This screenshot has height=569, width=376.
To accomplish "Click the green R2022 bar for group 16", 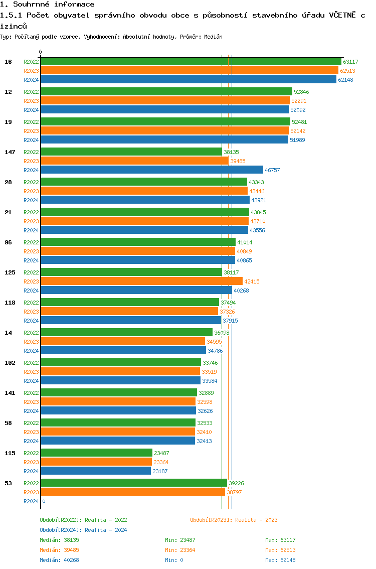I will pos(191,62).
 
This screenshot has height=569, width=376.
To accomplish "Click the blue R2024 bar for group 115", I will pos(96,471).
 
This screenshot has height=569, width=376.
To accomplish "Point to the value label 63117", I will pos(350,62).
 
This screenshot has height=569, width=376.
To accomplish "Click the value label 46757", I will pos(272,170).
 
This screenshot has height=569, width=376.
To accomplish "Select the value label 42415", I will pos(252,281).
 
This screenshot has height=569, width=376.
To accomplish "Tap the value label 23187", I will pos(160,471).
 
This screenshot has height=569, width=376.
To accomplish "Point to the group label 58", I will pos(9,423).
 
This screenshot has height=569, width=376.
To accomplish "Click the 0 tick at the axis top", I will pos(41,52).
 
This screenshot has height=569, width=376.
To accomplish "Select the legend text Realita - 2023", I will pos(256,520).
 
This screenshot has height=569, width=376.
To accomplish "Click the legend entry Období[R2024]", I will pos(61,530).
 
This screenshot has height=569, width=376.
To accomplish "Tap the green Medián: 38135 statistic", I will pos(60,540).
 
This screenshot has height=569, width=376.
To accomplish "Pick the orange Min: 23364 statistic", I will pos(180,550).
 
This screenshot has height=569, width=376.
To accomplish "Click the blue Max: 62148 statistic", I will pos(280,560).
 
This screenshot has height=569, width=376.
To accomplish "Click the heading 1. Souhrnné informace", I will pos(47,5).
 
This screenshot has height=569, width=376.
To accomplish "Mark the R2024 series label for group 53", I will pos(31,501).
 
